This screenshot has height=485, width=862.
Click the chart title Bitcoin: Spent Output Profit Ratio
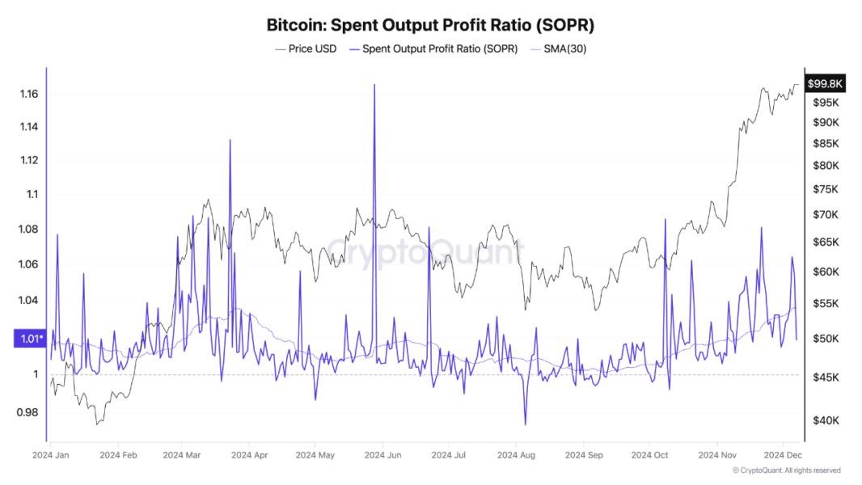[x=430, y=25]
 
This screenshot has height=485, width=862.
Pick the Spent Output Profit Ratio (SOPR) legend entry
[x=434, y=49]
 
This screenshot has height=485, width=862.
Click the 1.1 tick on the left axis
[x=32, y=194]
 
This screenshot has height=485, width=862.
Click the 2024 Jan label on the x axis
[x=50, y=455]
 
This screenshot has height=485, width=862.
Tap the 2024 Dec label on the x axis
[x=782, y=455]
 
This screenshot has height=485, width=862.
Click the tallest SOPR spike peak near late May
[x=374, y=84]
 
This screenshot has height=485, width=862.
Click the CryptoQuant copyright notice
[x=786, y=470]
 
